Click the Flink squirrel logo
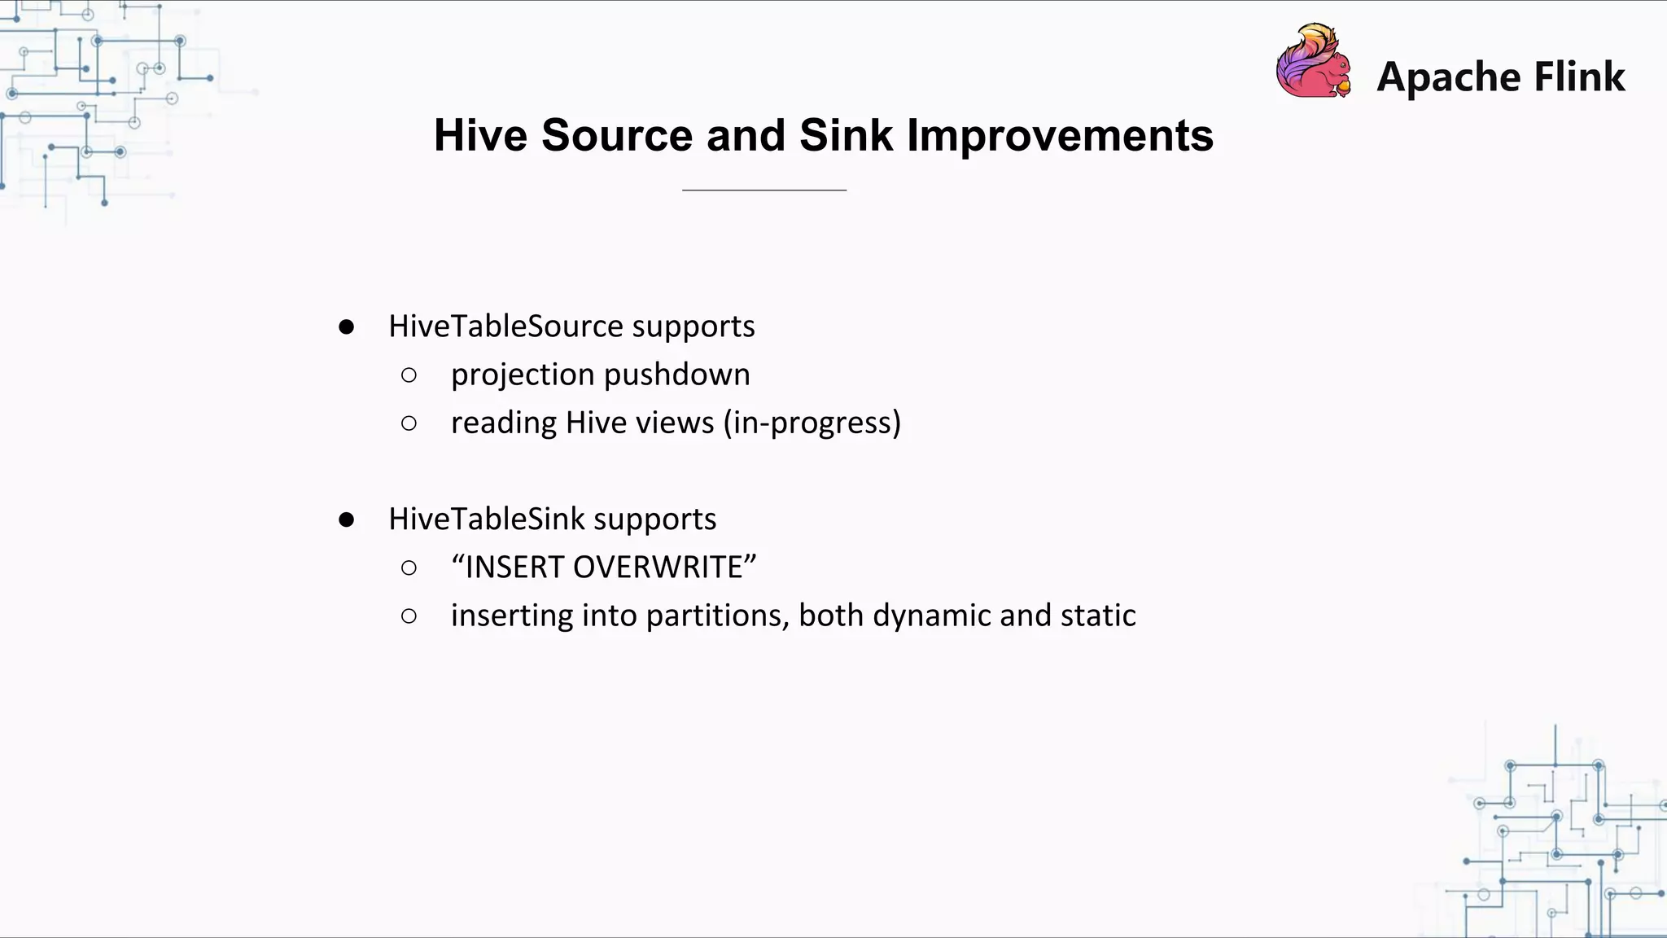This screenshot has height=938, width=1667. tap(1313, 62)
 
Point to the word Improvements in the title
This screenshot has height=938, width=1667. tap(1060, 135)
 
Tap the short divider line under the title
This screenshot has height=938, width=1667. tap(764, 190)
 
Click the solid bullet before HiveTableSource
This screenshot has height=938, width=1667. tap(347, 327)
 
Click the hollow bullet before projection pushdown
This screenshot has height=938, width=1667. tap(409, 375)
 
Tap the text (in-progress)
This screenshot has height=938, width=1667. tap(812, 423)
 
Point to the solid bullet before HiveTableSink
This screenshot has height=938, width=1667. tap(347, 519)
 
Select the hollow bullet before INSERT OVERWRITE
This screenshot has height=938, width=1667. tap(409, 568)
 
